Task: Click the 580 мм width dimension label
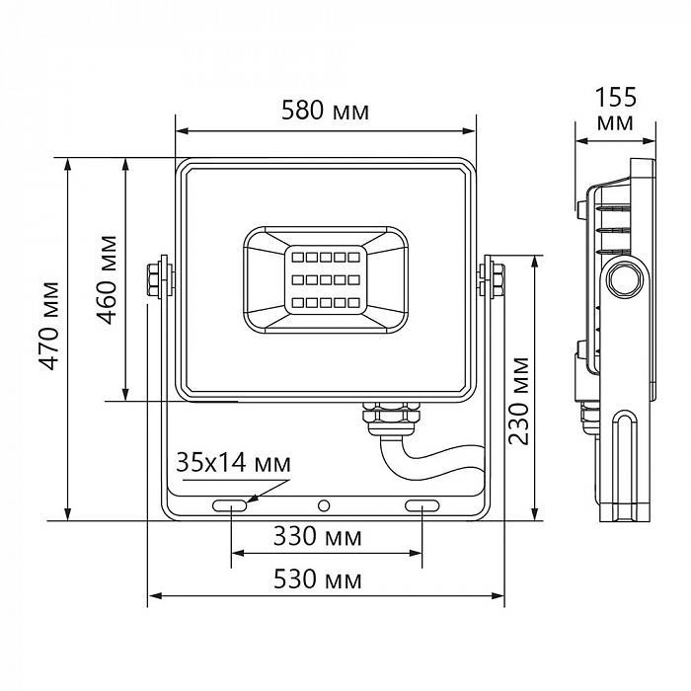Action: (325, 112)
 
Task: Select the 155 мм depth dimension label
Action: (616, 109)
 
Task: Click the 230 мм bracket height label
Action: (520, 399)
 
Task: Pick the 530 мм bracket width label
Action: (325, 579)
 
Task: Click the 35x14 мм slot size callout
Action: (234, 462)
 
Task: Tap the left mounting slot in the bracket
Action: (230, 506)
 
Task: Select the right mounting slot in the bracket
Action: (422, 506)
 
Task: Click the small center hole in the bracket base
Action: (324, 506)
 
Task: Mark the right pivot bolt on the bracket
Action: (491, 276)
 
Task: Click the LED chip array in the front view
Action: (325, 279)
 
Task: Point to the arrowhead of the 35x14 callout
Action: (253, 499)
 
